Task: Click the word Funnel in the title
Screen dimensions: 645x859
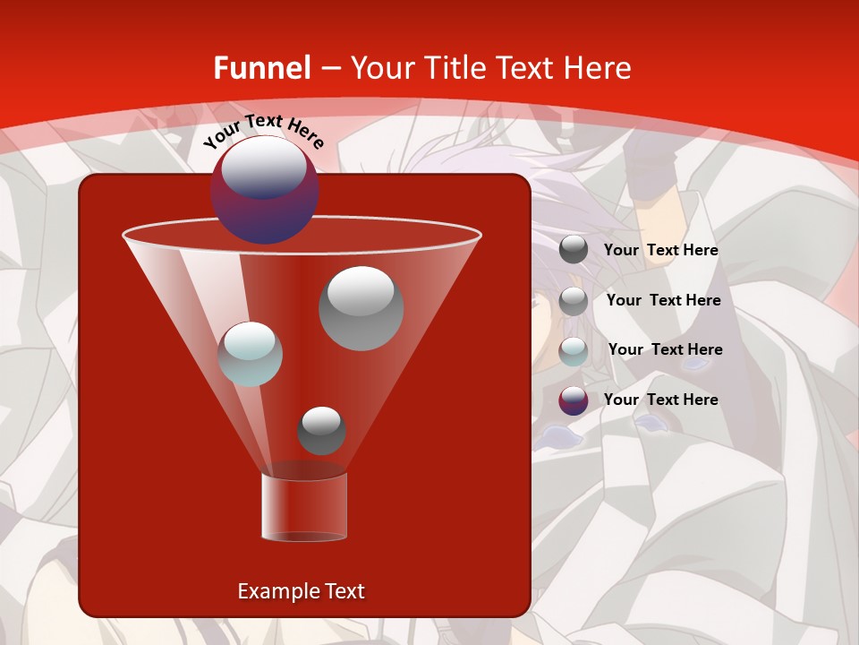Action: coord(261,68)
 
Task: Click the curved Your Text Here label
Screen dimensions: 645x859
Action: coord(263,131)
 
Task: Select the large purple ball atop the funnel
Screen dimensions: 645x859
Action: coord(264,190)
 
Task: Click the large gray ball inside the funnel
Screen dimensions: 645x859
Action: coord(361,308)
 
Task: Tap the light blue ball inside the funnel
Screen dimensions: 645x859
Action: coord(250,354)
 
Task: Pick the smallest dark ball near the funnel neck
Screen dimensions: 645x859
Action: coord(321,431)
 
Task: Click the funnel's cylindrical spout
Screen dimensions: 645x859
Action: coord(303,508)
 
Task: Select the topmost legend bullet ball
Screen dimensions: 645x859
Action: coord(574,250)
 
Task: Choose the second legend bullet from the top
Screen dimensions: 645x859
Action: coord(574,301)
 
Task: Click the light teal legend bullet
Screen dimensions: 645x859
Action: coord(574,350)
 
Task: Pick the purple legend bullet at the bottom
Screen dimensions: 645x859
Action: coord(574,400)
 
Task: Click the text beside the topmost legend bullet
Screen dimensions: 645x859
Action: coord(660,251)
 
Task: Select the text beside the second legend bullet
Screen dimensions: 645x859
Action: coord(663,301)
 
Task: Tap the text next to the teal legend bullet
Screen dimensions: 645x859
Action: coord(665,350)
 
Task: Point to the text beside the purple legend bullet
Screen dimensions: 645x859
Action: coord(660,400)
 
